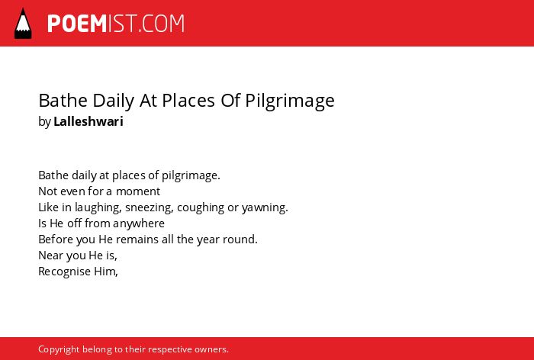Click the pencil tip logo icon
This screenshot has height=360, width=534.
[23, 23]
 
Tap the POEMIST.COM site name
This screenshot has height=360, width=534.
[116, 24]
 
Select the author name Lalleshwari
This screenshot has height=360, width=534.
[88, 121]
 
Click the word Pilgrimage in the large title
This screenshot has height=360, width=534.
[290, 101]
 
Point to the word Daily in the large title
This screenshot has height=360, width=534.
[114, 101]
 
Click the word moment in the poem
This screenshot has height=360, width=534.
[138, 191]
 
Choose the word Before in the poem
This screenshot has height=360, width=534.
[56, 239]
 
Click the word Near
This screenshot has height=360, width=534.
[50, 256]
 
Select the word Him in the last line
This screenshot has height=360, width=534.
[106, 272]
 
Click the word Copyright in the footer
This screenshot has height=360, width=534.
[59, 349]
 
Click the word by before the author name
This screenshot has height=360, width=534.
[44, 121]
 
